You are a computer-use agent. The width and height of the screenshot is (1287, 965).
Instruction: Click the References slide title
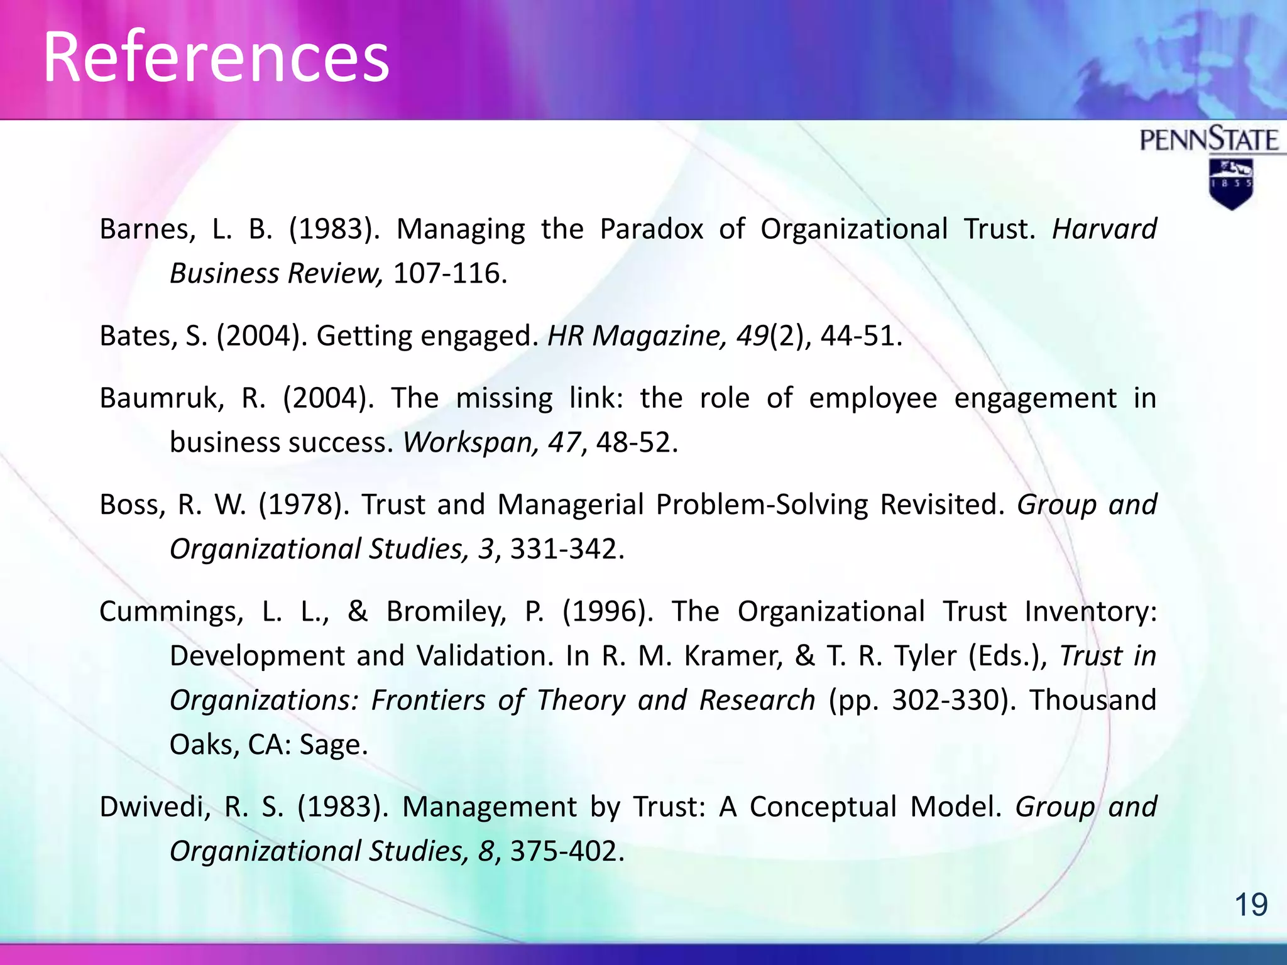(x=216, y=58)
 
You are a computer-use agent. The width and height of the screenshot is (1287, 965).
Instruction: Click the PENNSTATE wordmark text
(x=1209, y=139)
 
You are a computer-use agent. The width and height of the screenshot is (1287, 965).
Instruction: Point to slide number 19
(x=1251, y=905)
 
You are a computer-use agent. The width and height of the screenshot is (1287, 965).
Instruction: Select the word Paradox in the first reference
(x=651, y=229)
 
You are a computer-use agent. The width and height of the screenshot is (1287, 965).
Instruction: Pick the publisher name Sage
(x=333, y=745)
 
